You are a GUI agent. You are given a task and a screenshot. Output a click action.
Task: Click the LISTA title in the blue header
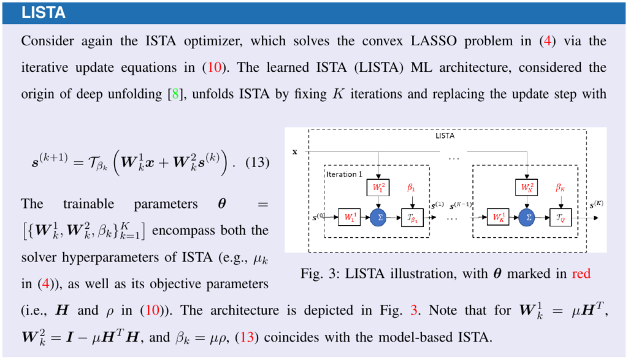click(44, 12)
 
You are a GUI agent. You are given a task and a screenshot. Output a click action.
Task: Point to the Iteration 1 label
click(344, 174)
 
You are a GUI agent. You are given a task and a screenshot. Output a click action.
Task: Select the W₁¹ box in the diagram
click(350, 217)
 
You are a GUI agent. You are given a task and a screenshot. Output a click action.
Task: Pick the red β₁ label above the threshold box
click(412, 188)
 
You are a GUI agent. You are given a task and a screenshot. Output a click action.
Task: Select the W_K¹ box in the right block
click(499, 217)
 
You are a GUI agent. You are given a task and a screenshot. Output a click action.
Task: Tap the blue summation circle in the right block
click(527, 217)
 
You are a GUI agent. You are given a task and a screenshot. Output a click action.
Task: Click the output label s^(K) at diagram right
click(597, 204)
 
